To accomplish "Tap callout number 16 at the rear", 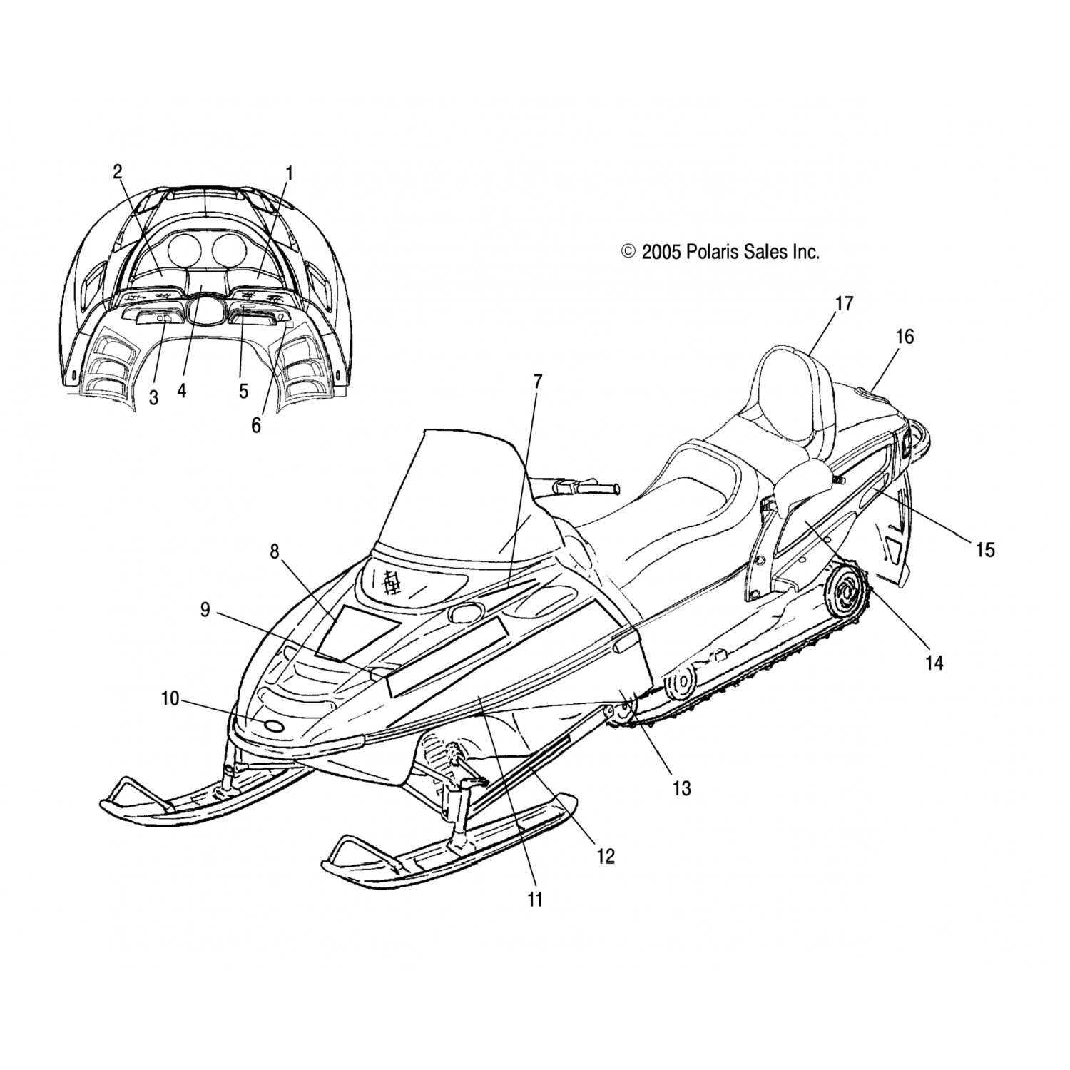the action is click(905, 336).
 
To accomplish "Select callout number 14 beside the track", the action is click(934, 663).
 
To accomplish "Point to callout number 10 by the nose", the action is click(170, 699).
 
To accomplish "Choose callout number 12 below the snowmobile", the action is click(605, 856).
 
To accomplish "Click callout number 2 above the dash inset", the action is click(117, 171).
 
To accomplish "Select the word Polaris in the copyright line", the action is click(715, 251).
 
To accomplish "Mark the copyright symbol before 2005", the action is click(628, 251).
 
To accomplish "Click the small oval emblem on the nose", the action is click(273, 726).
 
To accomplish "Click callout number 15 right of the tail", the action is click(985, 549).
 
